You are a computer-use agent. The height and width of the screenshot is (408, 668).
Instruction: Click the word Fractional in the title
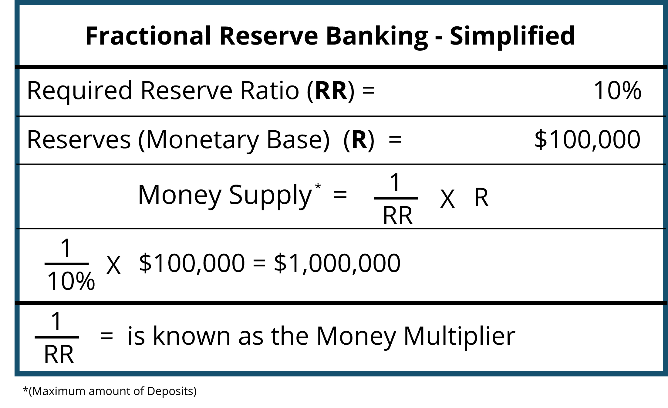[x=148, y=36]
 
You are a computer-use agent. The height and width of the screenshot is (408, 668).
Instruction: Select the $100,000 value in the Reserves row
[x=587, y=139]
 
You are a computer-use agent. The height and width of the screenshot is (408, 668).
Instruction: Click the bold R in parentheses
[x=359, y=140]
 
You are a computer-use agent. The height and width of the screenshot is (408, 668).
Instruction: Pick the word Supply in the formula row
[x=270, y=196]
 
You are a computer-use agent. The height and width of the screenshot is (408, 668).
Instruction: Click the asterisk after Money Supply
[x=318, y=186]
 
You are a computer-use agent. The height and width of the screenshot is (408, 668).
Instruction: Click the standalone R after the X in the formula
[x=481, y=197]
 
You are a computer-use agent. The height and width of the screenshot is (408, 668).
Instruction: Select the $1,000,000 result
[x=337, y=263]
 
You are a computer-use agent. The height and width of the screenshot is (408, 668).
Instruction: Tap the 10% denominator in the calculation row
[x=71, y=281]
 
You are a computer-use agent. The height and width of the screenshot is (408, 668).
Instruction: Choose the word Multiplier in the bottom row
[x=460, y=337]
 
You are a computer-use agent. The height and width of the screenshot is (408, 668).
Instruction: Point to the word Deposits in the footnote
[x=172, y=391]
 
